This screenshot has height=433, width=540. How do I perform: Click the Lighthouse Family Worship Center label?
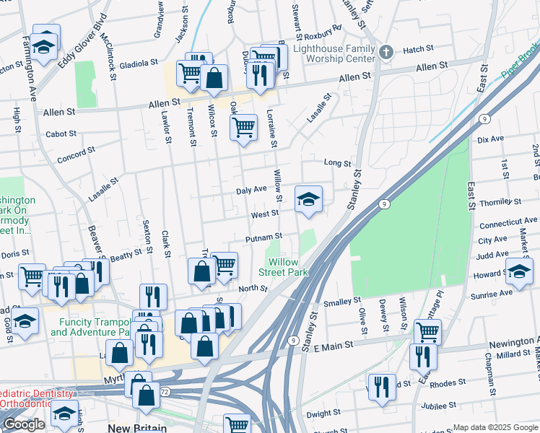pyautogui.click(x=334, y=55)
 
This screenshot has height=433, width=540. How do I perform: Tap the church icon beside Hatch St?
pyautogui.click(x=386, y=51)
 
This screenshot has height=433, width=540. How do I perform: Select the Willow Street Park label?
pyautogui.click(x=288, y=267)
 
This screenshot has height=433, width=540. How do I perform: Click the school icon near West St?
pyautogui.click(x=308, y=199)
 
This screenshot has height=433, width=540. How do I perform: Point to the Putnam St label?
pyautogui.click(x=264, y=237)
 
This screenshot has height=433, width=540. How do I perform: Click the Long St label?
pyautogui.click(x=336, y=163)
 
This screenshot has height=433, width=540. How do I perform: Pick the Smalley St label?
pyautogui.click(x=342, y=302)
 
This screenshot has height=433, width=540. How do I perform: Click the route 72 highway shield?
pyautogui.click(x=165, y=390)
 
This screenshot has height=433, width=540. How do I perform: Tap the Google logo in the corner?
pyautogui.click(x=24, y=424)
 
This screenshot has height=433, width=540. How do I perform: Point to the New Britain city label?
pyautogui.click(x=136, y=428)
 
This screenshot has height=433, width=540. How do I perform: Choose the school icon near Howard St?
pyautogui.click(x=518, y=272)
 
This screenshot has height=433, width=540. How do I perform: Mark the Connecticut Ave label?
pyautogui.click(x=508, y=221)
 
